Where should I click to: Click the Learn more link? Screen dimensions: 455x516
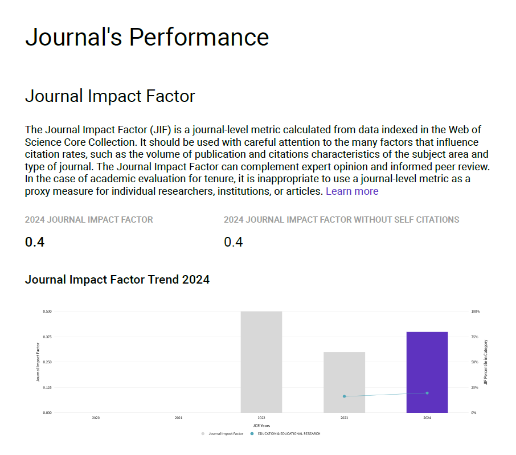coord(351,191)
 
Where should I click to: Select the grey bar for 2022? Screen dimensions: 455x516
coord(261,362)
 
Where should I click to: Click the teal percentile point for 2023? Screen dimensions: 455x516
coord(344,396)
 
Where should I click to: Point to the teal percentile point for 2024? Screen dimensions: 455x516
coord(427,393)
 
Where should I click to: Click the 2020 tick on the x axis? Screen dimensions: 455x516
coord(96,418)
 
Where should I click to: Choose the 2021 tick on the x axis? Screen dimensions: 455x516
coord(178,418)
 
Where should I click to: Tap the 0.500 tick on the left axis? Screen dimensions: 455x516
coord(47,311)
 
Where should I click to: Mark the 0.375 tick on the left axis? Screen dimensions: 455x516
coord(47,337)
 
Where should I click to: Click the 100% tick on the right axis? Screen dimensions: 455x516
coord(475,311)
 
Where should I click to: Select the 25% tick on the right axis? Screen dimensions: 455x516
coord(474,387)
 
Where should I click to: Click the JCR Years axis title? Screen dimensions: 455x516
coord(261,425)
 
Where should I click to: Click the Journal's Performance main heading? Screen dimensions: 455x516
coord(147,37)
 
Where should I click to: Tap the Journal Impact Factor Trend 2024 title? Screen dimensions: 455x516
coord(117,280)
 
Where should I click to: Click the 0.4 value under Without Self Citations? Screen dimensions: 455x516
coord(234,242)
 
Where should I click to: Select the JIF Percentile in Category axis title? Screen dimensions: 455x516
coord(486,362)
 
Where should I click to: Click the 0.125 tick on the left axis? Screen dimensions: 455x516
coord(47,387)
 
